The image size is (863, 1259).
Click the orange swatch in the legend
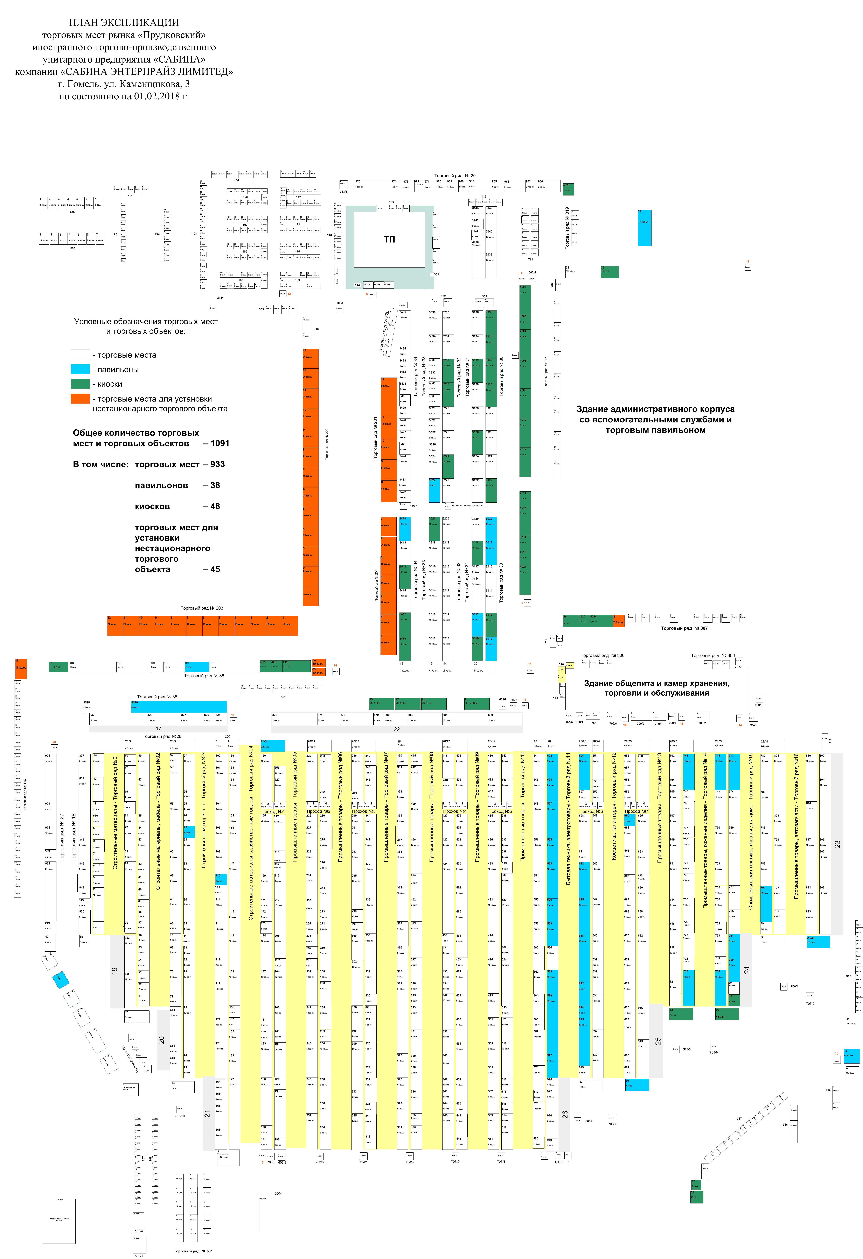[x=80, y=399]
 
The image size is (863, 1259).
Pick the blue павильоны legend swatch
[x=80, y=370]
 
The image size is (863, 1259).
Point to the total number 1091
[x=220, y=443]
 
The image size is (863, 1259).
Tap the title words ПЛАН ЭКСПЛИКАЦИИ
[x=124, y=22]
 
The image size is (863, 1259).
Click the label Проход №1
[x=273, y=811]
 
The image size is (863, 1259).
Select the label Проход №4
[x=454, y=811]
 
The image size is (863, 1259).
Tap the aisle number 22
[x=397, y=729]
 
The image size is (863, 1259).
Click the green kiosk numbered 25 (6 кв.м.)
[x=609, y=271]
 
